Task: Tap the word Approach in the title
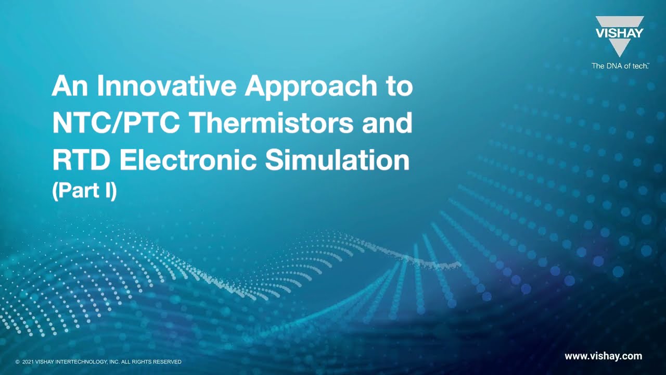[x=311, y=86]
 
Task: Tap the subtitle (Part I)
[x=84, y=191]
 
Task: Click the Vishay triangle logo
[x=619, y=35]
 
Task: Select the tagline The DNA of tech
[x=619, y=66]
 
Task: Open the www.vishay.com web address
[x=603, y=356]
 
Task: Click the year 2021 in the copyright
[x=28, y=362]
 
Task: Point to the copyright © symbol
[x=18, y=362]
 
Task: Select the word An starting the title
[x=71, y=86]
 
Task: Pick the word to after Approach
[x=399, y=86]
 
